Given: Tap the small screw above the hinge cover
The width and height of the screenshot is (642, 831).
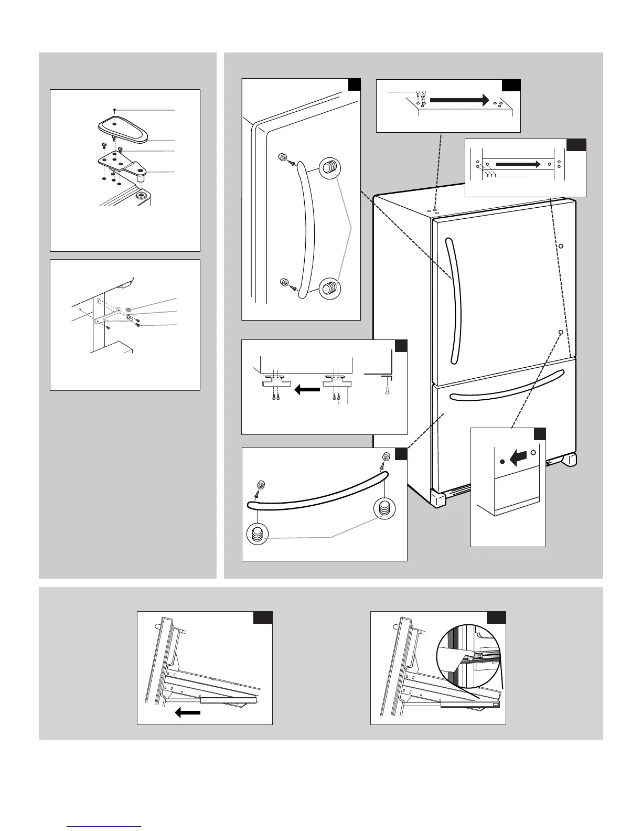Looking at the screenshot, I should point(114,110).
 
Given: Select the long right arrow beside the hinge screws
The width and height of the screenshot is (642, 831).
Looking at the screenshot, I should point(459,99).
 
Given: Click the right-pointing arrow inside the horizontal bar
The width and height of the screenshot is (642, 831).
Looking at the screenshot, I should point(517,164).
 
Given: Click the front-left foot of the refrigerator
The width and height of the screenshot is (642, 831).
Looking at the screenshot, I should point(438,498).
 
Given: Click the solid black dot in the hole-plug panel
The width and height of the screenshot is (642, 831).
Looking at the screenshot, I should point(502,461).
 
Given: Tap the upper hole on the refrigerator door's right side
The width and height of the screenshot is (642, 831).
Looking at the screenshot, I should point(560,246).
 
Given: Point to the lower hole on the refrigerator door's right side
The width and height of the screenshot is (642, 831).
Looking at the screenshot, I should point(560,332).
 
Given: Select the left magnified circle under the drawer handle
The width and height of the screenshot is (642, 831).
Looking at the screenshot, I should point(258,535).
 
